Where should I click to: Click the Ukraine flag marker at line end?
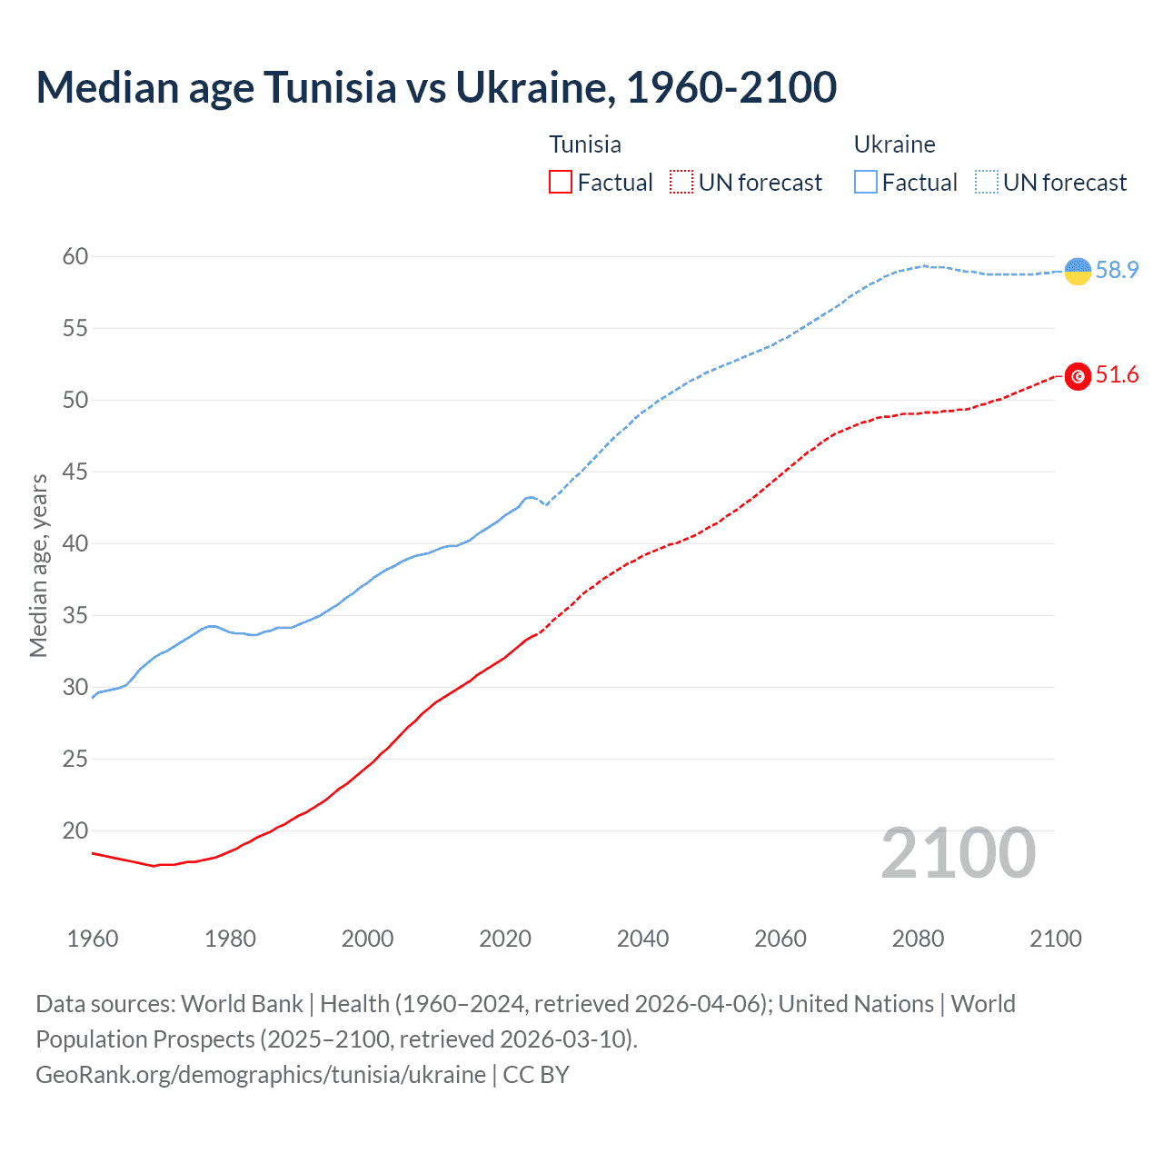(1078, 271)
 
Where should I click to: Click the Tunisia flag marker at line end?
(1078, 376)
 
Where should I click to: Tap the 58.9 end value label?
(1117, 270)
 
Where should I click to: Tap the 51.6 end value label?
(1117, 375)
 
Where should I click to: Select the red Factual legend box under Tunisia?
(561, 183)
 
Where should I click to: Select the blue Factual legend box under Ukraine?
(866, 183)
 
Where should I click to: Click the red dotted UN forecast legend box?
(681, 183)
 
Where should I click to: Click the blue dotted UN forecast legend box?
(987, 183)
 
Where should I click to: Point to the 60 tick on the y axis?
(75, 257)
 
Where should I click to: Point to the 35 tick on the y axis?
(75, 616)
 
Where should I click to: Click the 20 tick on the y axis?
(75, 830)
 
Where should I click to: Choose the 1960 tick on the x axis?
(93, 939)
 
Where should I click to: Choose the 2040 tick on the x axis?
(642, 939)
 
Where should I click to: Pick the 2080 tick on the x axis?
(918, 939)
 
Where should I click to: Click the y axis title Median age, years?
(38, 565)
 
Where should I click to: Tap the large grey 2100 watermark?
(958, 853)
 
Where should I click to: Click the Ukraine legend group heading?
(894, 144)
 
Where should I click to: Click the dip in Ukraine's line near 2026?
(546, 504)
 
